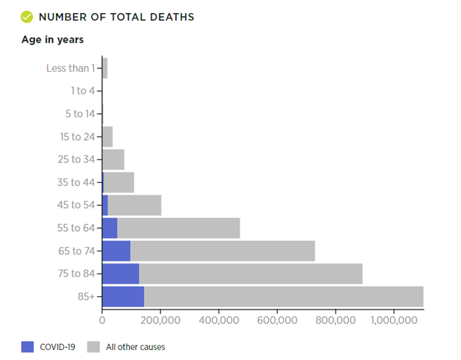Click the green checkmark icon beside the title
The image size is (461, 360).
pyautogui.click(x=27, y=17)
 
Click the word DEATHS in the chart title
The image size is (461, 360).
pyautogui.click(x=172, y=17)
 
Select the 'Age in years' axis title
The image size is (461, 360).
pyautogui.click(x=53, y=40)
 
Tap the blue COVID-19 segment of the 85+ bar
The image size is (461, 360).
pyautogui.click(x=123, y=296)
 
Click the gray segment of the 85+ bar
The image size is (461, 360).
pyautogui.click(x=284, y=296)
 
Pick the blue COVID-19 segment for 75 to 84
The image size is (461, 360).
pyautogui.click(x=121, y=273)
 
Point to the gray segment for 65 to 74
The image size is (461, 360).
pyautogui.click(x=222, y=251)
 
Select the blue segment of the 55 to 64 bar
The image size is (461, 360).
pyautogui.click(x=110, y=228)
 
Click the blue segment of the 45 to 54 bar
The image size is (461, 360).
pyautogui.click(x=105, y=205)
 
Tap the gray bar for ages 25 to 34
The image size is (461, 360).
pyautogui.click(x=113, y=159)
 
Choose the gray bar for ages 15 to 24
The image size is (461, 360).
pyautogui.click(x=108, y=137)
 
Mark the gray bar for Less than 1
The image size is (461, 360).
pyautogui.click(x=105, y=68)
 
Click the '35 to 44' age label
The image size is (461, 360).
pyautogui.click(x=76, y=182)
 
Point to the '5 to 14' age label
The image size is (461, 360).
pyautogui.click(x=81, y=114)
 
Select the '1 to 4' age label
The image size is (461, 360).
pyautogui.click(x=83, y=91)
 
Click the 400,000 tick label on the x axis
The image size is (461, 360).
pyautogui.click(x=219, y=320)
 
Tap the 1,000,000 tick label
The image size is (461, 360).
pyautogui.click(x=394, y=320)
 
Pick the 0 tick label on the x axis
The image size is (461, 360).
pyautogui.click(x=102, y=320)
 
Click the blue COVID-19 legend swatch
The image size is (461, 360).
pyautogui.click(x=27, y=347)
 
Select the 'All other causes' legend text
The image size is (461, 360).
pyautogui.click(x=136, y=347)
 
